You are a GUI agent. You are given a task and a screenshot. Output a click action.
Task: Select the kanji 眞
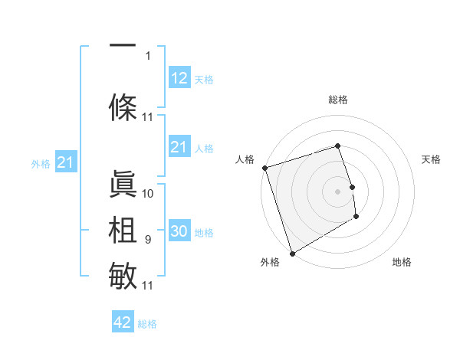click(x=123, y=184)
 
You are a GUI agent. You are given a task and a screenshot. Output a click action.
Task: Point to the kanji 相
click(x=123, y=231)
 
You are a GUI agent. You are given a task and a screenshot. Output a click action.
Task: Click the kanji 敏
click(x=123, y=275)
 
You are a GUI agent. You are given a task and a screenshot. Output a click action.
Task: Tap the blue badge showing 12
click(x=179, y=78)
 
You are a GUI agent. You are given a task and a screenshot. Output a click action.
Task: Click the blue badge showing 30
click(x=179, y=232)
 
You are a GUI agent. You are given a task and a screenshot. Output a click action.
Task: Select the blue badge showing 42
click(x=123, y=322)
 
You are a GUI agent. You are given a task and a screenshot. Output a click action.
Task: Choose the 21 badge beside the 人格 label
click(x=179, y=147)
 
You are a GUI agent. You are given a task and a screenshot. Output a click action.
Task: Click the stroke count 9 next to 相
click(x=148, y=241)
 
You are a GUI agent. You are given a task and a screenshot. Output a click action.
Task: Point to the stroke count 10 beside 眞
click(x=148, y=194)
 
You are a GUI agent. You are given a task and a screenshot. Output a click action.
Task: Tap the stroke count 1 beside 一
click(x=148, y=55)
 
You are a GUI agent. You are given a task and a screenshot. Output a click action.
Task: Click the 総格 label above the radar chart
click(x=338, y=100)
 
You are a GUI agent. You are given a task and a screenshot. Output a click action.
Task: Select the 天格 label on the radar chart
click(x=432, y=159)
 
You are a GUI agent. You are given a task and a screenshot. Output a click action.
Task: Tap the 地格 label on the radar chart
click(x=402, y=262)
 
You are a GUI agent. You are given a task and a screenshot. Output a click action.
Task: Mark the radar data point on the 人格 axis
click(x=264, y=168)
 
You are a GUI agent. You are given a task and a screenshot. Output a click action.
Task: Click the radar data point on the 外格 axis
click(x=291, y=253)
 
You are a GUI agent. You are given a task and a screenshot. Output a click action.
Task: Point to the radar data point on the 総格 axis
click(x=338, y=146)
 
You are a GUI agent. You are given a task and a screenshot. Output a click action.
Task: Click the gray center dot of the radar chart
click(x=338, y=191)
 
